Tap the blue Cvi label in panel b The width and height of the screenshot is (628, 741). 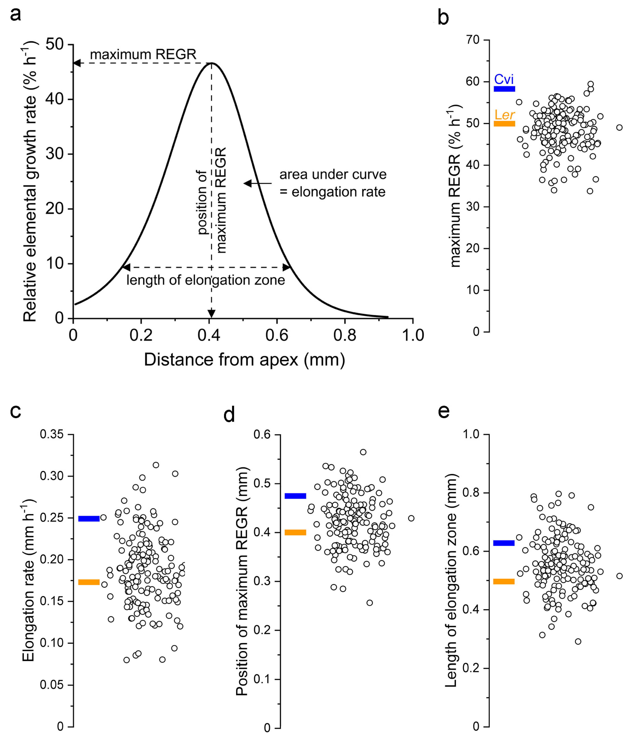click(504, 79)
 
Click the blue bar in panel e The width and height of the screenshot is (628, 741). click(504, 543)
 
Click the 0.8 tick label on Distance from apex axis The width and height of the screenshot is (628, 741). click(345, 335)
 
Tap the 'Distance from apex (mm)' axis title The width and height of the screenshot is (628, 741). click(244, 360)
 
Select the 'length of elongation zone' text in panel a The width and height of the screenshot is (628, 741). click(205, 280)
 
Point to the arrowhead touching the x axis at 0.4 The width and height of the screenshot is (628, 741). click(211, 313)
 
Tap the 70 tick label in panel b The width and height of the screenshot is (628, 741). click(473, 40)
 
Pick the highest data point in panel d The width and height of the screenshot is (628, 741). click(363, 452)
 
